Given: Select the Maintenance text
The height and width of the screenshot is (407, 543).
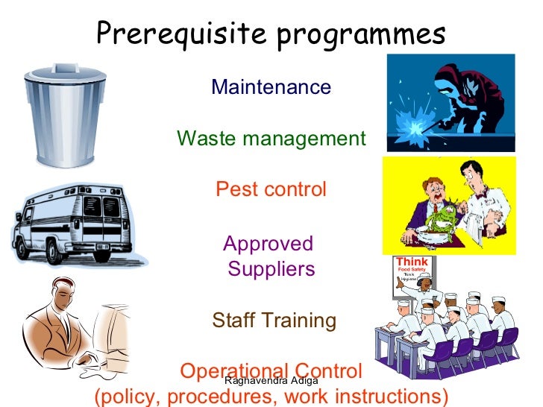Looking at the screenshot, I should pos(271,87).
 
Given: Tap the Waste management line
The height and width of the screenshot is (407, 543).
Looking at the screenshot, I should pos(271,139).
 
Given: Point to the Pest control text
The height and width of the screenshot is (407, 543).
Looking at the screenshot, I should pos(271,189).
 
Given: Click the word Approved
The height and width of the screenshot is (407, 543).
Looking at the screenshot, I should pos(268,244).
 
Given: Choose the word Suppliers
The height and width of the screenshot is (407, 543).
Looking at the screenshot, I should pos(271,268).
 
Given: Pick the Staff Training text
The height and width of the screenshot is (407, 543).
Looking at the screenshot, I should pos(274,321).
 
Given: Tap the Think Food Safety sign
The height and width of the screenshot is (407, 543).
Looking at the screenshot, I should pos(412,270).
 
